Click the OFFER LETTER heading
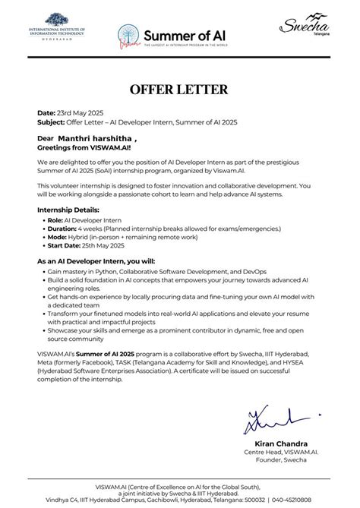click(x=179, y=90)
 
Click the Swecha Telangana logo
click(x=302, y=29)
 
